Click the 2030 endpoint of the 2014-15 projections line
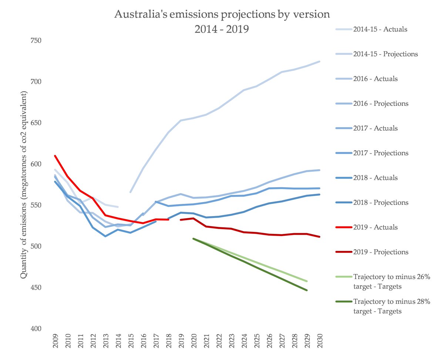(319, 61)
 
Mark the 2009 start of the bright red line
(55, 156)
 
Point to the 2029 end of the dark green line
(307, 290)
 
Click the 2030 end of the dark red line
(319, 237)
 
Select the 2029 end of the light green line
(307, 281)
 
